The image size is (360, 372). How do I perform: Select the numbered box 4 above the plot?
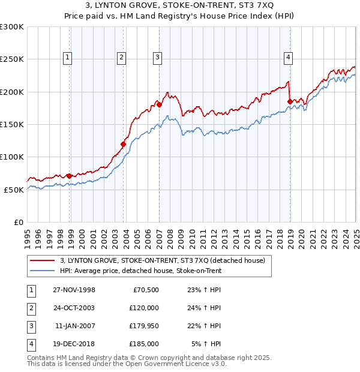coord(289,58)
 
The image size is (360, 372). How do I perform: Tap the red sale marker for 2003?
coord(124,144)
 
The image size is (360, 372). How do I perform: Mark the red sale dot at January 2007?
coord(160,105)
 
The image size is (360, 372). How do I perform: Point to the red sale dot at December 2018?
coord(290,101)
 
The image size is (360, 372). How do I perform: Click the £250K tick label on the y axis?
coord(12,59)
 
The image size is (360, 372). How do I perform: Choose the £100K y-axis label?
coord(12,157)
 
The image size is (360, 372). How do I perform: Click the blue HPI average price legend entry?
coord(140,271)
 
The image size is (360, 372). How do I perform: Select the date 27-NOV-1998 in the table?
coord(74,290)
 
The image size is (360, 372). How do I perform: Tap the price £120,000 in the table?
coord(144,308)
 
